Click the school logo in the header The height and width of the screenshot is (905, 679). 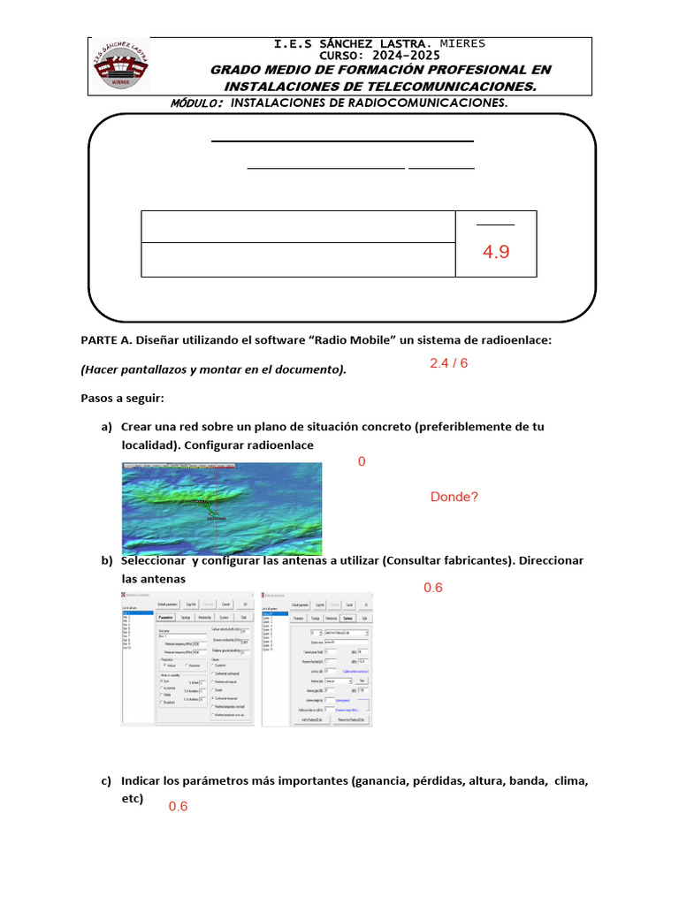(122, 66)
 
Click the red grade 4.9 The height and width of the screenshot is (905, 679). (496, 253)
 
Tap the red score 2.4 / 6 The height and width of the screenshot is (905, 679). (448, 363)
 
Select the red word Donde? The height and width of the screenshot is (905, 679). (454, 497)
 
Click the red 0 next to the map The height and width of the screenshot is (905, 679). (362, 461)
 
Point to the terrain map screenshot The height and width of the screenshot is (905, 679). (222, 506)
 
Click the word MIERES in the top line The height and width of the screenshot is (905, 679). (462, 43)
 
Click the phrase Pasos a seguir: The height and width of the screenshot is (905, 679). (122, 399)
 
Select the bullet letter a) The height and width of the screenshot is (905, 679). (106, 427)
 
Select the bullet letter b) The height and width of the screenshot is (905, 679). (107, 561)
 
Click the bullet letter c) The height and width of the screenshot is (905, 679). (106, 781)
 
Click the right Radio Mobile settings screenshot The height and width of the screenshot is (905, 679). (317, 659)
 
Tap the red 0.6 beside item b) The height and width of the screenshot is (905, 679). (433, 588)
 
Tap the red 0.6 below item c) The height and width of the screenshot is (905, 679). (179, 806)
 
